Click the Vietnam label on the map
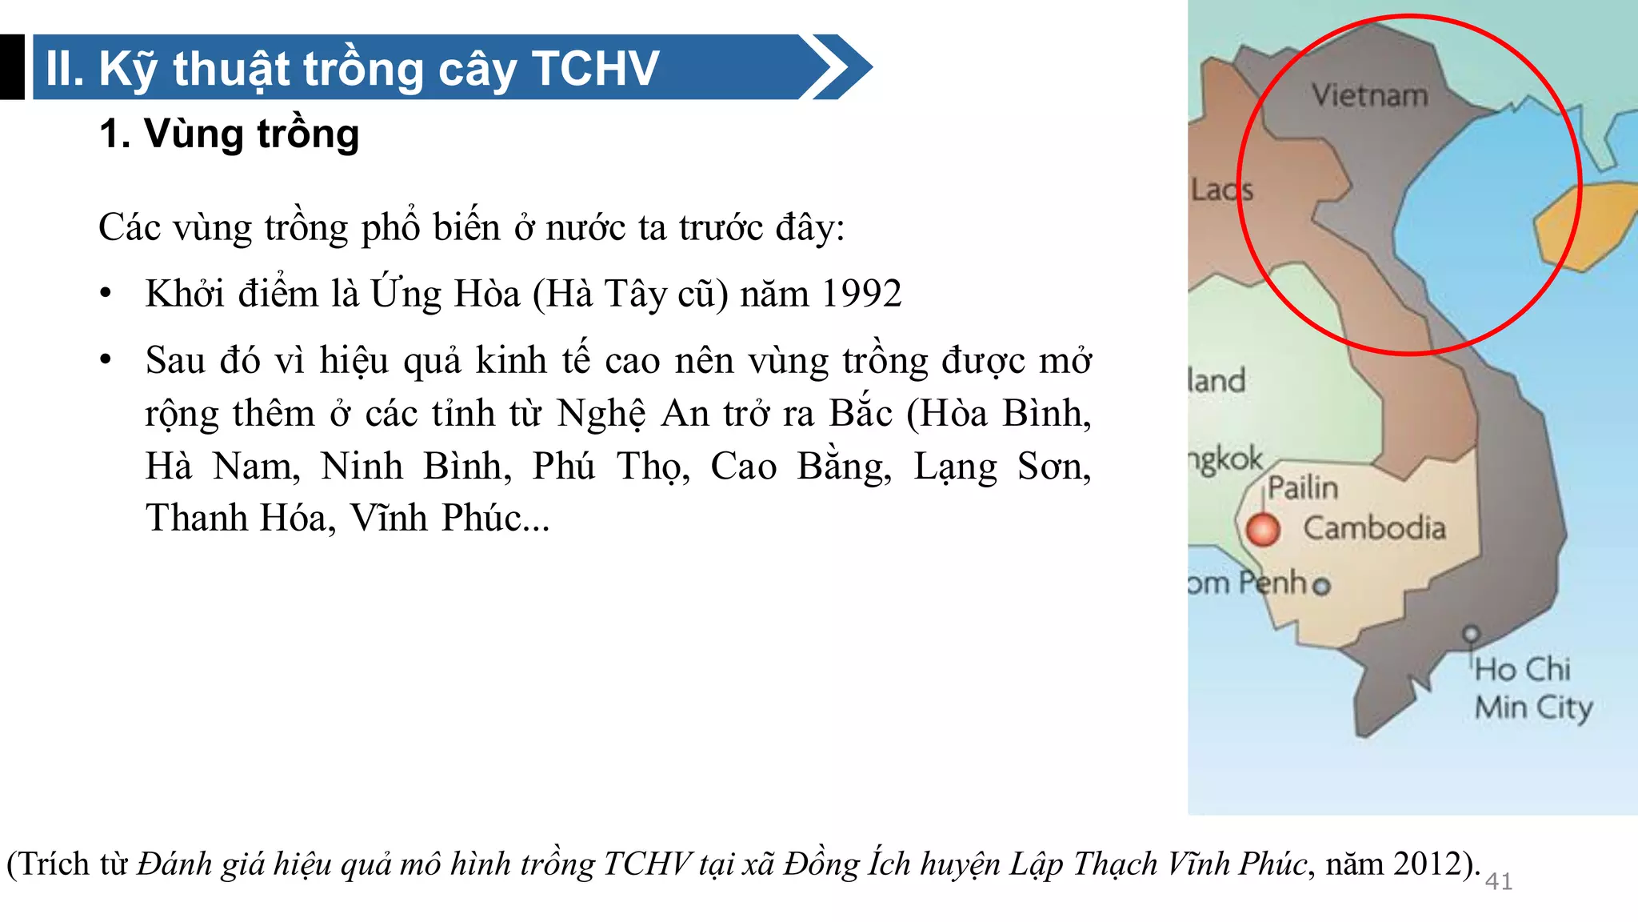1369,95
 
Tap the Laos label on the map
1221,190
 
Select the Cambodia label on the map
1374,528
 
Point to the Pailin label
1303,487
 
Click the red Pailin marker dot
1263,529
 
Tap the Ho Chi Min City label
1532,688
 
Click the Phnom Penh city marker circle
1322,586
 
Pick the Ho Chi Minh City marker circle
1470,635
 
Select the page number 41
1498,881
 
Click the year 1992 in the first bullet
861,294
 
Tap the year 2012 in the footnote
1432,864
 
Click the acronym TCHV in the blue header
595,68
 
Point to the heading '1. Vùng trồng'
230,134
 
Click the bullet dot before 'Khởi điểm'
106,294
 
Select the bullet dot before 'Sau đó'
106,360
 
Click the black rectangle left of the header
12,67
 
